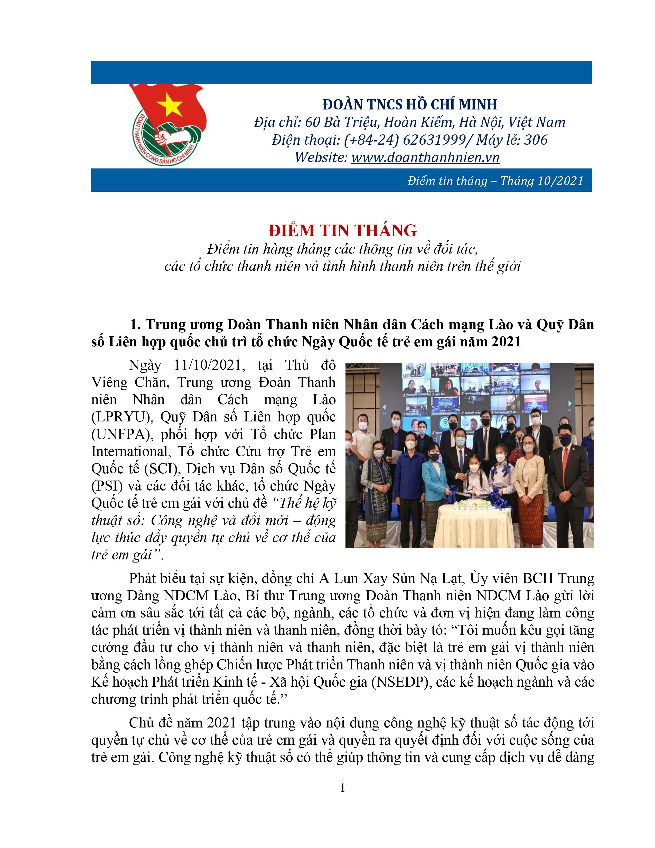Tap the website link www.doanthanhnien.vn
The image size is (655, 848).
[x=425, y=157]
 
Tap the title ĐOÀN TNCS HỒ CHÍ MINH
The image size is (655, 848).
[x=410, y=104]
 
